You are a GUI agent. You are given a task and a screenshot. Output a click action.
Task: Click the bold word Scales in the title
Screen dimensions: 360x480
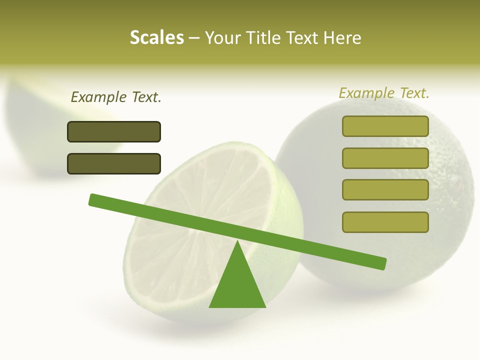[x=156, y=37]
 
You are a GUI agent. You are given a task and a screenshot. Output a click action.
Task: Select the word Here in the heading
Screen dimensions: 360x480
[x=342, y=37]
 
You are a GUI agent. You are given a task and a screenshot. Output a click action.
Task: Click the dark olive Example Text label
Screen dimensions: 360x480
[x=116, y=97]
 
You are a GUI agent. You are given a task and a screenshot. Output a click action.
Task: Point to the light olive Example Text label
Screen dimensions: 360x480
[x=384, y=93]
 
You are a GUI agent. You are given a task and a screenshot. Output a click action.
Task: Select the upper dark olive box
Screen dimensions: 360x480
[x=114, y=131]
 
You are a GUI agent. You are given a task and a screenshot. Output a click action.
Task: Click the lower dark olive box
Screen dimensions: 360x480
[x=114, y=163]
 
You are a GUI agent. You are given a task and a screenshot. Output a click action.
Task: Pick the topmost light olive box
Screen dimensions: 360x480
[x=385, y=126]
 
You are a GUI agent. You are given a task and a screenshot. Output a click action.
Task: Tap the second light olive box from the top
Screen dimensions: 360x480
[x=385, y=158]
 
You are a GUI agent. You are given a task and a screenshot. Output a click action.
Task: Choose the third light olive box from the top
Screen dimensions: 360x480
[x=385, y=190]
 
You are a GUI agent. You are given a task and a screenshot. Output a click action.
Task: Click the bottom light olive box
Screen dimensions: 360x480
[x=385, y=222]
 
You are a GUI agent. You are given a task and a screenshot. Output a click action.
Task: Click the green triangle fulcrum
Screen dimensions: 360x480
[x=237, y=285]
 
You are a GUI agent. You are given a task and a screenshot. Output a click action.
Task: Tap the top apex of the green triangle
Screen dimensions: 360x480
[x=237, y=242]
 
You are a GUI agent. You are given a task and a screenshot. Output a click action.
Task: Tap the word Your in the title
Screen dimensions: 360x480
[x=223, y=37]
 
